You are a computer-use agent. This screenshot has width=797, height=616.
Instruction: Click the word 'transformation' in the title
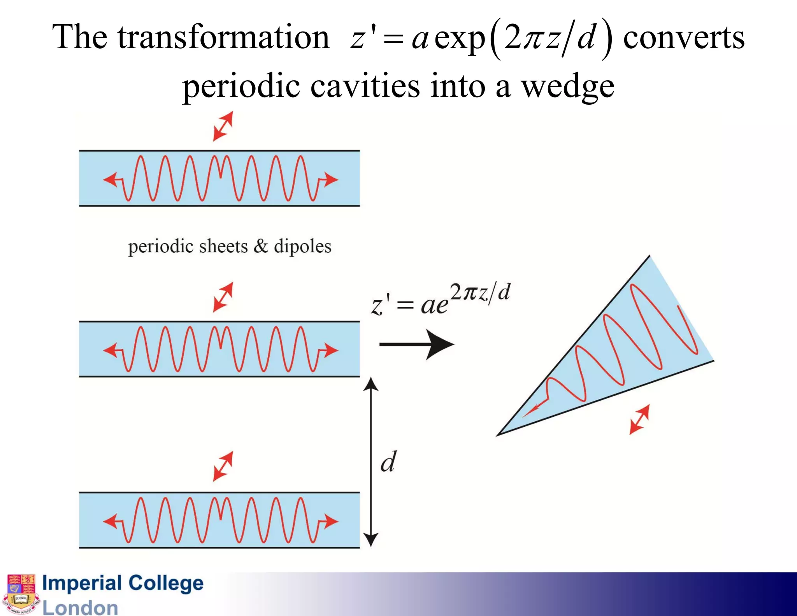pos(224,37)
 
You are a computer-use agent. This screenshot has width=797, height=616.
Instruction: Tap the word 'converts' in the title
pos(684,37)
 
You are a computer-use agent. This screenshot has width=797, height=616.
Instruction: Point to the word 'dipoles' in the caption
pos(302,246)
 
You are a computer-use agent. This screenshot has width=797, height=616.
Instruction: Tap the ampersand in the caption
pos(261,246)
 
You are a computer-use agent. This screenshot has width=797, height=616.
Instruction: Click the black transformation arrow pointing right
pos(416,344)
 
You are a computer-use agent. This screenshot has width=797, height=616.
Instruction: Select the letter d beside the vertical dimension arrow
pos(388,462)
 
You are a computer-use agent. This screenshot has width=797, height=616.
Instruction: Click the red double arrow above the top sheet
pos(223,126)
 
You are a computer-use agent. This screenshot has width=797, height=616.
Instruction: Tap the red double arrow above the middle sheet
pos(223,297)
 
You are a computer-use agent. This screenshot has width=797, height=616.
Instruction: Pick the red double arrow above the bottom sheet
pos(223,466)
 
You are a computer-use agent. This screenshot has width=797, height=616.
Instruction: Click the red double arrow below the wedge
pos(639,419)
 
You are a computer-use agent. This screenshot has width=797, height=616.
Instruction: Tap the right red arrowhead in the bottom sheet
pos(331,521)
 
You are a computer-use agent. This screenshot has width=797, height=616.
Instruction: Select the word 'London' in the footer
pos(80,608)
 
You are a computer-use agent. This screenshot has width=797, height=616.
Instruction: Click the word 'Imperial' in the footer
pos(82,583)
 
